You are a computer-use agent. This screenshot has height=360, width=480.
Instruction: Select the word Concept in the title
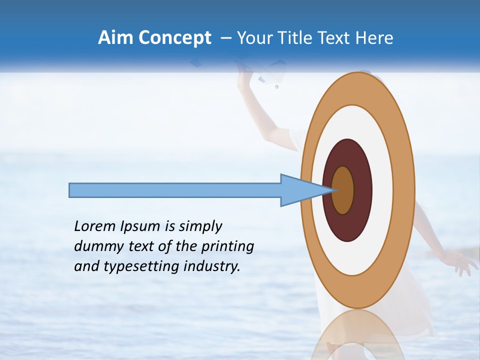click(174, 38)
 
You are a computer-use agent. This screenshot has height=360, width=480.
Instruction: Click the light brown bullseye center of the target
click(343, 190)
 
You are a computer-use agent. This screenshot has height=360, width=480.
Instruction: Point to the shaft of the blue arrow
click(175, 190)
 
